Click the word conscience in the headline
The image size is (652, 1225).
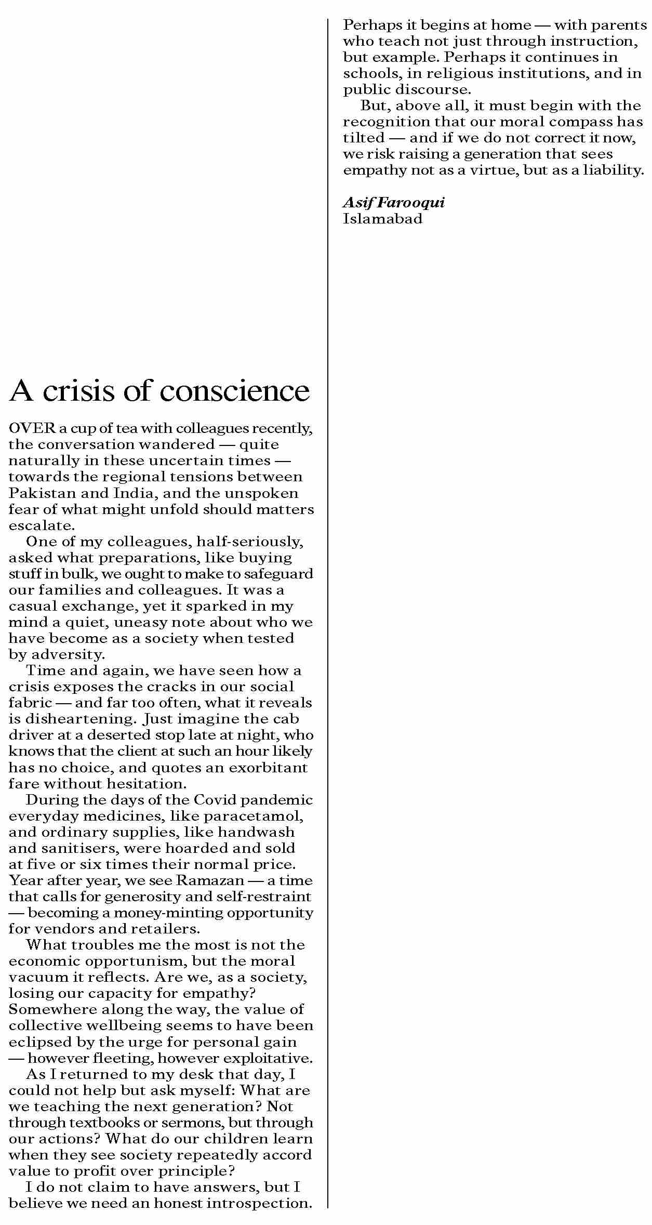pos(242,391)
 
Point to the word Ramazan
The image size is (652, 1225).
pos(210,880)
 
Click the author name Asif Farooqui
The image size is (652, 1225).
pos(394,202)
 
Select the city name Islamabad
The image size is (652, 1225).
pos(382,218)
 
